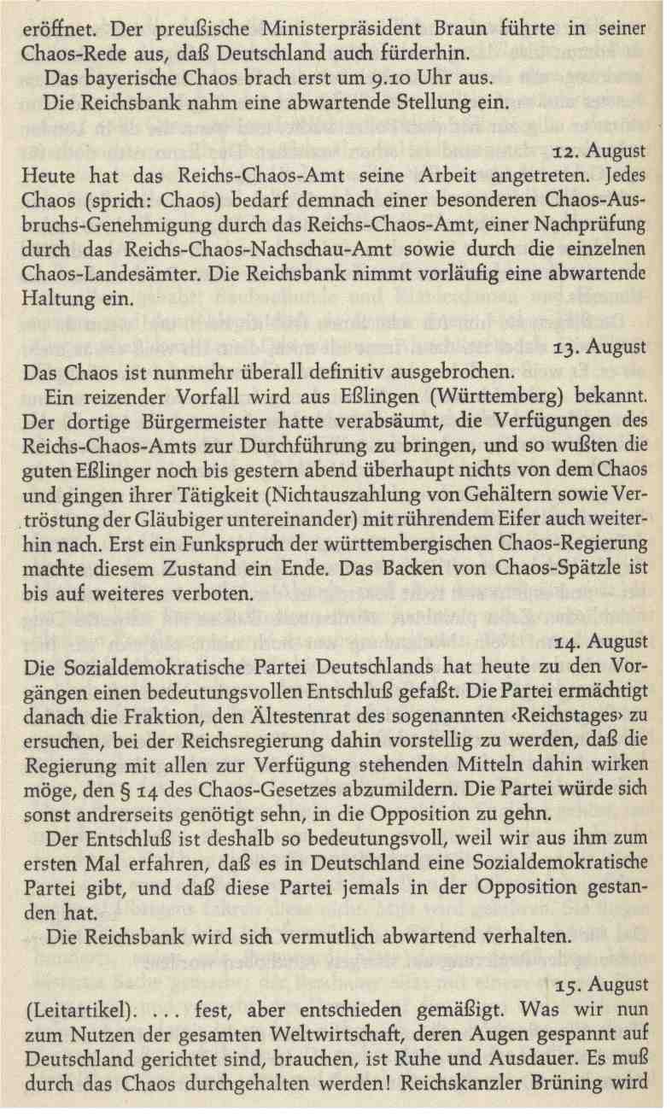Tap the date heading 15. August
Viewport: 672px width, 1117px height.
click(x=599, y=985)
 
